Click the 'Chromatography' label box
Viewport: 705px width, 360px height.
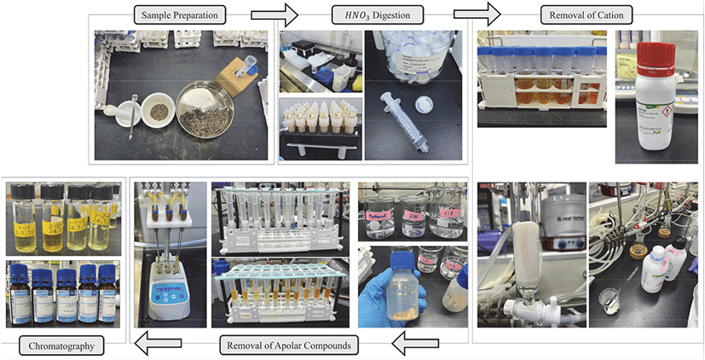[x=63, y=346]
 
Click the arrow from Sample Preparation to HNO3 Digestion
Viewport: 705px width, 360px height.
[x=274, y=15]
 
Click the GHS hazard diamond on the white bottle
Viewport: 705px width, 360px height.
[x=670, y=111]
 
